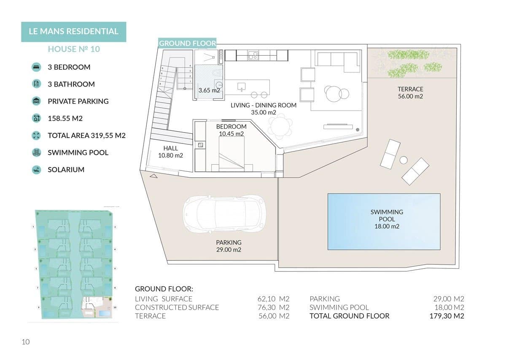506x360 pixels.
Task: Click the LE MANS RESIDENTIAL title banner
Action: (x=73, y=32)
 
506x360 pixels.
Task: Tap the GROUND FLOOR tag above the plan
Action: (x=187, y=43)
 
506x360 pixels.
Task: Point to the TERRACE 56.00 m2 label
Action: (x=410, y=93)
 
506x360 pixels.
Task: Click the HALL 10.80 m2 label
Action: (x=170, y=152)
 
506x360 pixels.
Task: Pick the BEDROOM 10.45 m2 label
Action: (x=231, y=130)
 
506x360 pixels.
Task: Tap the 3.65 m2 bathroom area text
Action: (x=209, y=90)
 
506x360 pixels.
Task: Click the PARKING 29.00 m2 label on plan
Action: (x=229, y=246)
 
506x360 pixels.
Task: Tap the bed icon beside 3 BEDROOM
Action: (x=36, y=67)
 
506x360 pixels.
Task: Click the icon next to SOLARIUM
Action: (x=36, y=170)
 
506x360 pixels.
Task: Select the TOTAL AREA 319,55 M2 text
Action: (x=86, y=135)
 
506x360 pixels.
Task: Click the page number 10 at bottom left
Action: (x=25, y=342)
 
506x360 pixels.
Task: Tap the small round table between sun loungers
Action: (x=404, y=160)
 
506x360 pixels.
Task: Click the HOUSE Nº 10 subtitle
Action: (x=74, y=49)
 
